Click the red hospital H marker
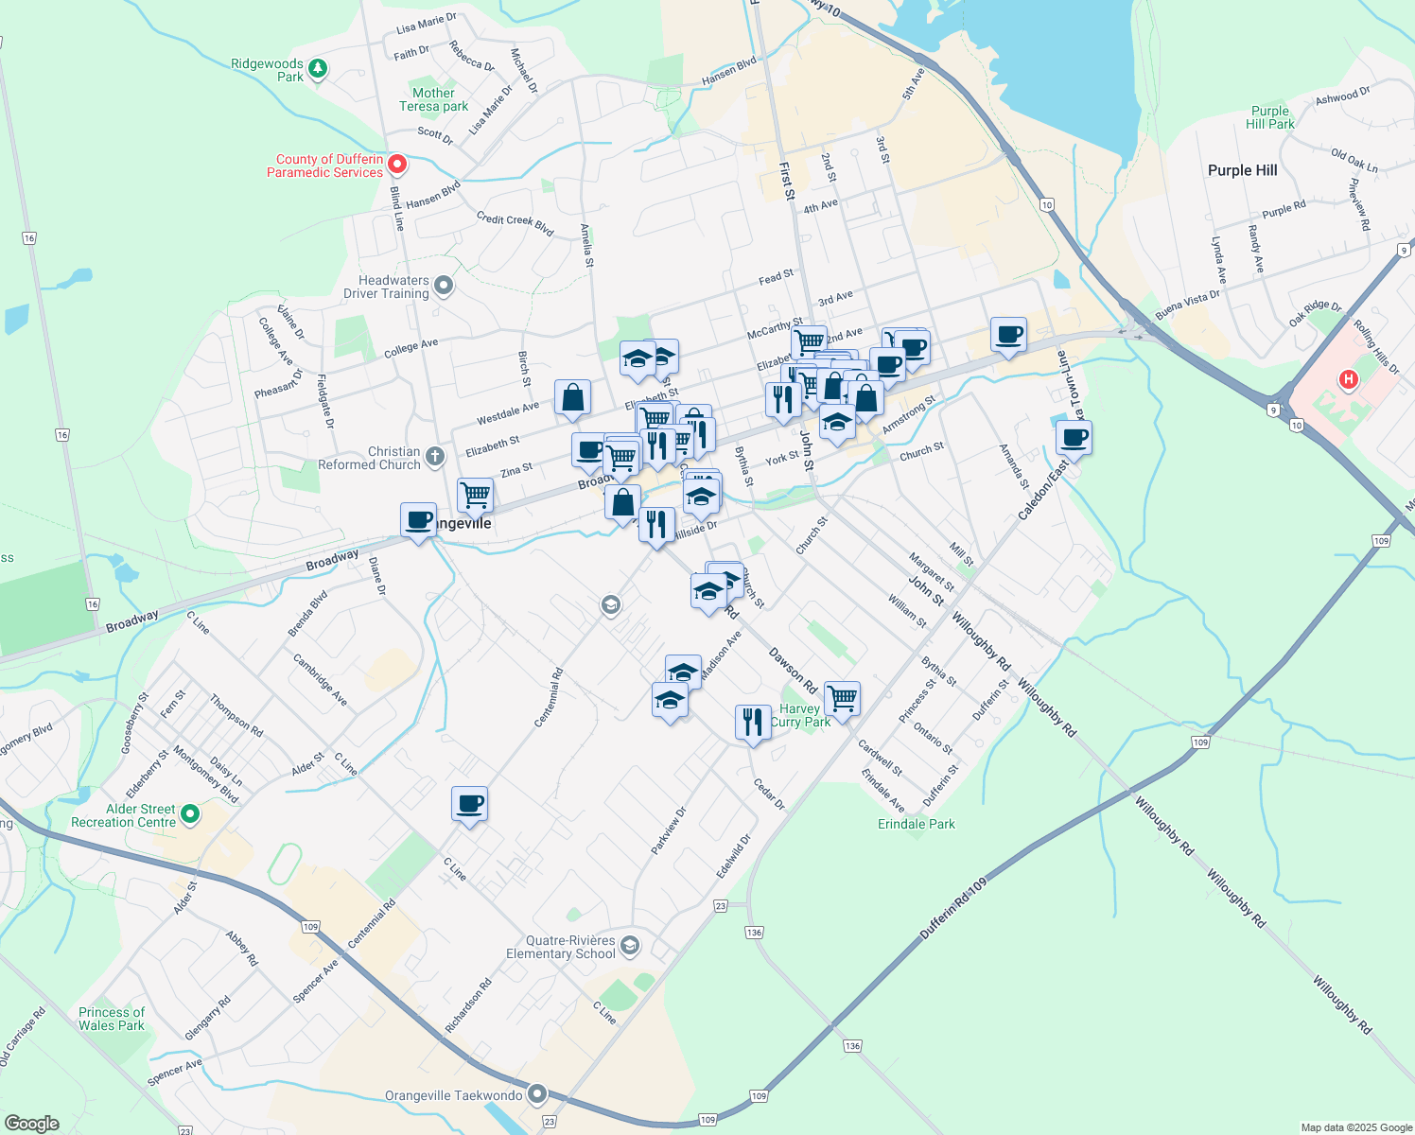[1349, 380]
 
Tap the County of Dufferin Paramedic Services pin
[398, 165]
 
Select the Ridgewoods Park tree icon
[319, 68]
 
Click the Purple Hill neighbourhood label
[1242, 170]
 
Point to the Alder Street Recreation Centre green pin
[190, 813]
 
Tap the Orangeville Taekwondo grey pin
[537, 1095]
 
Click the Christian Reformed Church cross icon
[434, 457]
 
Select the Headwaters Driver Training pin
[443, 285]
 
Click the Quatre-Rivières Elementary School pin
[631, 945]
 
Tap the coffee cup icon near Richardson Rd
[469, 804]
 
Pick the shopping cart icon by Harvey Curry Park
[842, 699]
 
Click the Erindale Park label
[916, 824]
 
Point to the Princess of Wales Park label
[112, 1019]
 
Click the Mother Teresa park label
[433, 99]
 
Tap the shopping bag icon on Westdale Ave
[572, 398]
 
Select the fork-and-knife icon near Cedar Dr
[752, 722]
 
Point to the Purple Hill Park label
[1269, 117]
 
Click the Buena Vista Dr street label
[1187, 306]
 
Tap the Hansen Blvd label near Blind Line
[433, 194]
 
